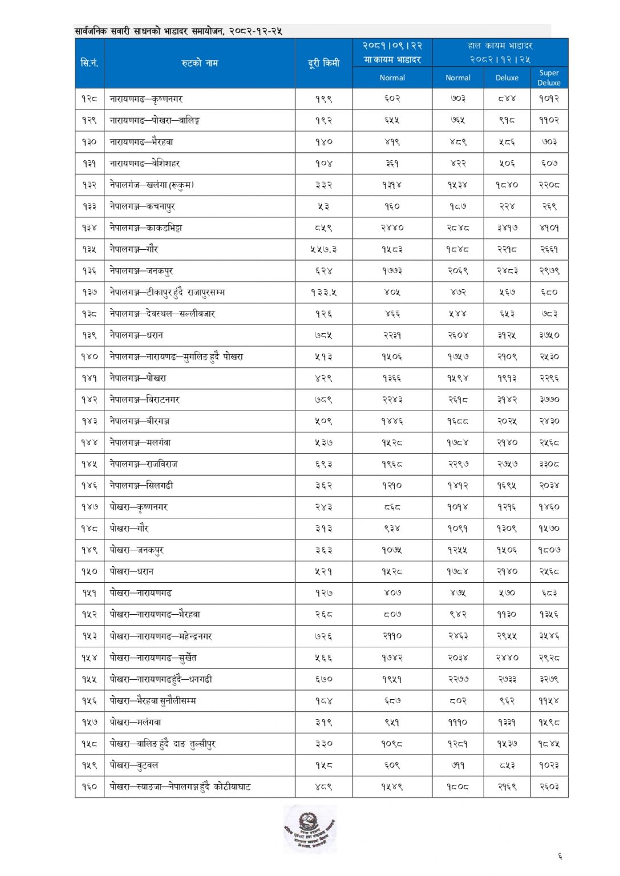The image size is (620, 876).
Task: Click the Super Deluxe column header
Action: click(x=549, y=78)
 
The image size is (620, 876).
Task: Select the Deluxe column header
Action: click(x=506, y=78)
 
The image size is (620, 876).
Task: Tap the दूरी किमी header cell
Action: click(x=323, y=63)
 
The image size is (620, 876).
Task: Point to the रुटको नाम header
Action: click(x=200, y=63)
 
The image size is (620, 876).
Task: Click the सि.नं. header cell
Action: click(x=90, y=63)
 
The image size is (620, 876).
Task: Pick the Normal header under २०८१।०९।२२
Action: click(x=392, y=78)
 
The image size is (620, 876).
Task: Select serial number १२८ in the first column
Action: click(x=90, y=99)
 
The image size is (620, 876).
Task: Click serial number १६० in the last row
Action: click(x=90, y=786)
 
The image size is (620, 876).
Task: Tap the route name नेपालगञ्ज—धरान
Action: click(x=136, y=335)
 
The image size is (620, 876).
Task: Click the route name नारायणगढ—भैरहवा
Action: click(x=141, y=141)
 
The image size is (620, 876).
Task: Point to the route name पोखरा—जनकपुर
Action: click(x=136, y=550)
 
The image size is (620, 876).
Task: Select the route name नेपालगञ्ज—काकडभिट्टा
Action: click(x=146, y=228)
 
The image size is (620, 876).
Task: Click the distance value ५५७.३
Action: click(x=323, y=249)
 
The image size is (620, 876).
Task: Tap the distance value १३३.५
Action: click(x=323, y=292)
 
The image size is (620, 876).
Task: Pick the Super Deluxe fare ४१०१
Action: click(x=549, y=228)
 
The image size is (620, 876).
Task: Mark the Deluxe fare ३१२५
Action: click(x=506, y=335)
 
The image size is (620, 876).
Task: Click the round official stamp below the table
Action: click(x=310, y=829)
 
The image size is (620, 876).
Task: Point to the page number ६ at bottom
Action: click(x=560, y=856)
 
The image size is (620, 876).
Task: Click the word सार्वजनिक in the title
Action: click(x=91, y=31)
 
